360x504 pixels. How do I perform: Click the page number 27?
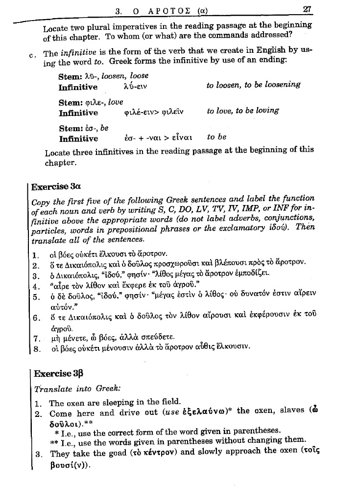pos(308,9)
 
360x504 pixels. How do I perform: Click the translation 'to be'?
pos(216,137)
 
